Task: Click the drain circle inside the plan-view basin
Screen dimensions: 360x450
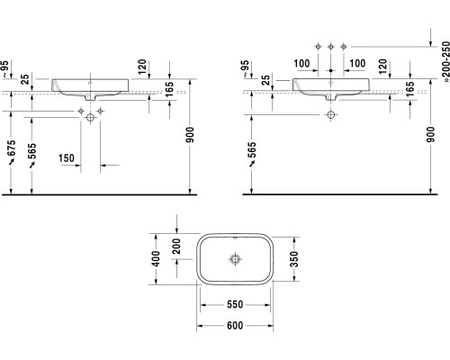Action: (x=236, y=260)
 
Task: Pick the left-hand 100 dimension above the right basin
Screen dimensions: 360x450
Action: (x=301, y=62)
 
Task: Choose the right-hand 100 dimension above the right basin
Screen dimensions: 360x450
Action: (x=356, y=62)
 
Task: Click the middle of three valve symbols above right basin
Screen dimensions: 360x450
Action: (x=331, y=45)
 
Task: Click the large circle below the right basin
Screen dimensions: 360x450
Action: (x=331, y=115)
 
